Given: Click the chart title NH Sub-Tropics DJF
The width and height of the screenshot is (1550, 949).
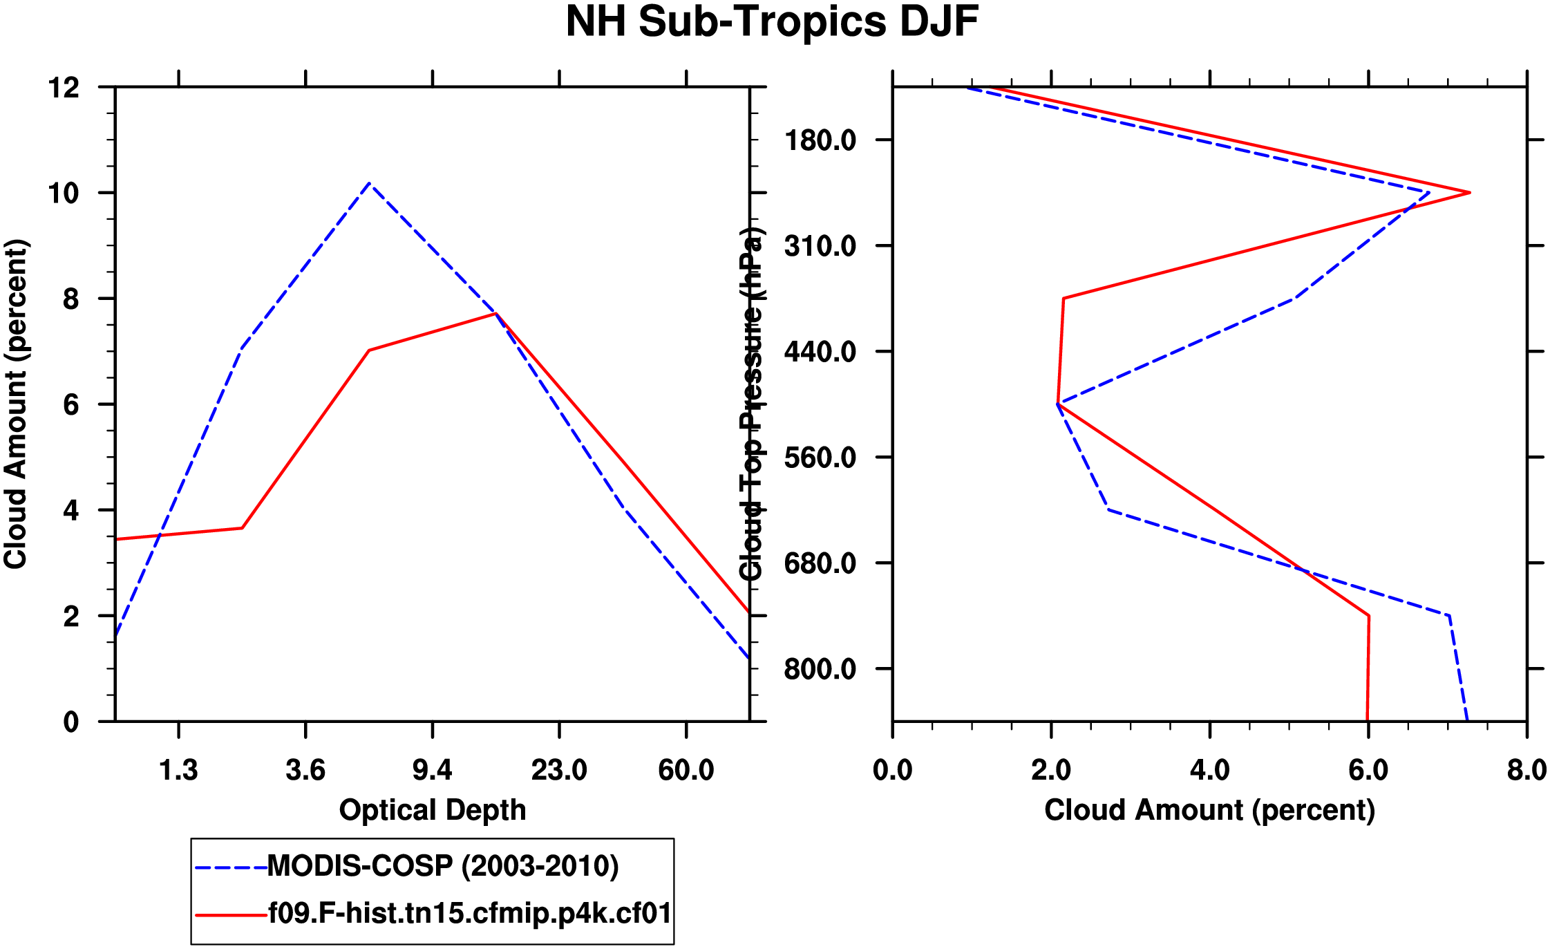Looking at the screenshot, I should click(772, 22).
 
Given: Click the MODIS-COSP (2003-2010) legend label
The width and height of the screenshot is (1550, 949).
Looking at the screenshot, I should click(442, 866).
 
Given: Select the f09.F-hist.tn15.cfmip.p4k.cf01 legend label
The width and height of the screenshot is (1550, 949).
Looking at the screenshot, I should click(470, 914).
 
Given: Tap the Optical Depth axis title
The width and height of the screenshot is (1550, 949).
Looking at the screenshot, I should click(433, 809).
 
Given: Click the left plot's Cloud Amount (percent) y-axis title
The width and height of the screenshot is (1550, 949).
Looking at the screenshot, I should click(15, 404).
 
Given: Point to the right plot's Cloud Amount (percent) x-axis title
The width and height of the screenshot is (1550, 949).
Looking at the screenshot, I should click(1209, 809).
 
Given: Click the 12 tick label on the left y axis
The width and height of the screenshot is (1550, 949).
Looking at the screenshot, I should click(64, 88).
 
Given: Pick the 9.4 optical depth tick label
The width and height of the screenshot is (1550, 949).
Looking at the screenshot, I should click(433, 770).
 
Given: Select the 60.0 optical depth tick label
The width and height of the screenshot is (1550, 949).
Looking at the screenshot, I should click(686, 770).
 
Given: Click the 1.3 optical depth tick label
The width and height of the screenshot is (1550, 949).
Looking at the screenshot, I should click(179, 770).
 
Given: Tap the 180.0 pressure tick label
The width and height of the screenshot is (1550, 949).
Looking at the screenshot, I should click(820, 141).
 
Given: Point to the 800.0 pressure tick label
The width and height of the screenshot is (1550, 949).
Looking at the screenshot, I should click(820, 670).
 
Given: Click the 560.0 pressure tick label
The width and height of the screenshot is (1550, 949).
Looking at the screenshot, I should click(820, 458).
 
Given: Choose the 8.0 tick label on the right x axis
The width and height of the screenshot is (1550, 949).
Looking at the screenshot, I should click(1527, 770).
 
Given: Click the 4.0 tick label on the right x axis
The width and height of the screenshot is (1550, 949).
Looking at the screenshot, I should click(1209, 770).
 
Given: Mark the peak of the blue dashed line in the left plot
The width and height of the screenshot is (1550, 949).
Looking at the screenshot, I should click(370, 183).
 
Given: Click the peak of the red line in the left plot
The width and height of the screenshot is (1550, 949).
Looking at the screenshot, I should click(496, 314).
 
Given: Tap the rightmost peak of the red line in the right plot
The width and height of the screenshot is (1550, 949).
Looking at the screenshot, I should click(1470, 193).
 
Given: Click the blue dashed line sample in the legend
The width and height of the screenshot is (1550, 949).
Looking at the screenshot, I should click(231, 867).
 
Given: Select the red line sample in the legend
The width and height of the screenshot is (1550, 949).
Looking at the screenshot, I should click(231, 915).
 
